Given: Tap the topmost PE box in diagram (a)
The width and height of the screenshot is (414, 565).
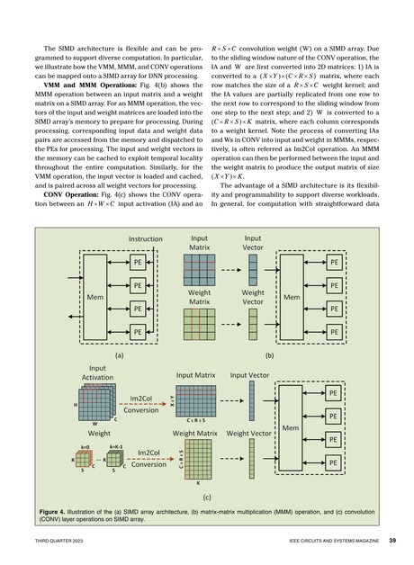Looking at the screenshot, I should point(138,262).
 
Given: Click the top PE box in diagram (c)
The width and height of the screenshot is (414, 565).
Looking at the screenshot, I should point(331,394).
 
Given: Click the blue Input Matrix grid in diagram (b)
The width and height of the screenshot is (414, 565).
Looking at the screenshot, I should point(198,267).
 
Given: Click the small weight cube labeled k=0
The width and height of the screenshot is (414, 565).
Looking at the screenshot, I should point(84,461).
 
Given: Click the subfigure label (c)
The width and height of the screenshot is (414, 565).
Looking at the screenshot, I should point(206,496).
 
